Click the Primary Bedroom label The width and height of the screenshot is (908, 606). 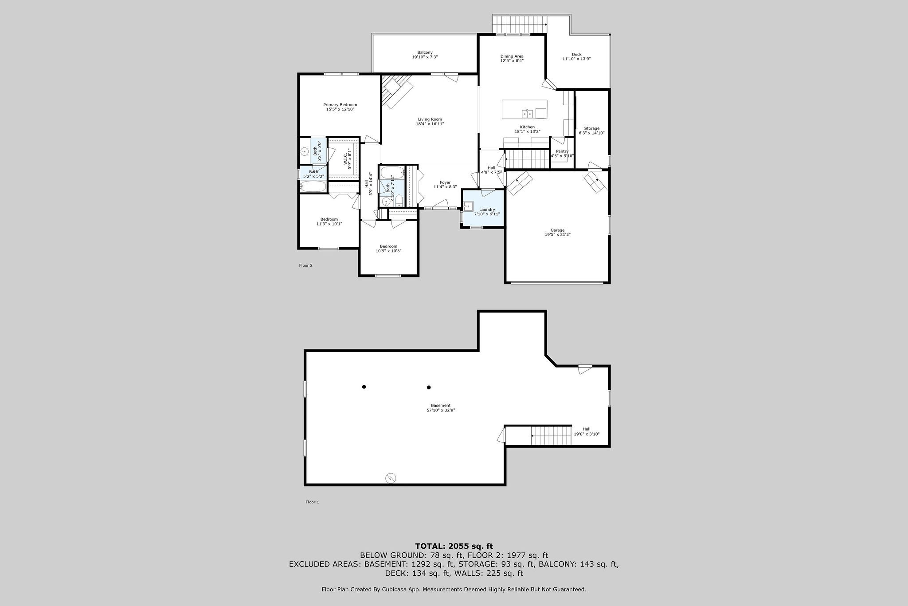click(x=340, y=105)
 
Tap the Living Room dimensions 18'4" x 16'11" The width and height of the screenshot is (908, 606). click(x=430, y=124)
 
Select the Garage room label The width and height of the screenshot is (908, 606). click(x=557, y=230)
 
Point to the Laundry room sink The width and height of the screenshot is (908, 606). click(x=468, y=206)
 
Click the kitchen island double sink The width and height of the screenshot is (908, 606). click(x=528, y=114)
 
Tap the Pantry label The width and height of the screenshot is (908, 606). click(x=562, y=151)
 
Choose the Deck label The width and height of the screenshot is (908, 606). click(x=576, y=55)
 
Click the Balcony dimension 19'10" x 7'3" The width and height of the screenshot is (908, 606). click(x=425, y=57)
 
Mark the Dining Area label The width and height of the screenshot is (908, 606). click(x=512, y=56)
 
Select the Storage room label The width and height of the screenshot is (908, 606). click(x=591, y=128)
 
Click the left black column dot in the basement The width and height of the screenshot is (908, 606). click(x=364, y=387)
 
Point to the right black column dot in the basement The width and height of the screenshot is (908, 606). click(x=429, y=387)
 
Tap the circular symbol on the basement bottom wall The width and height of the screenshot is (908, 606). click(x=391, y=478)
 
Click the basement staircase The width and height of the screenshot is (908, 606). click(x=551, y=436)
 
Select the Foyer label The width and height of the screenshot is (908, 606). click(x=445, y=182)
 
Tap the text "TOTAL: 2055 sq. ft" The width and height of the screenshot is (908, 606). click(x=454, y=547)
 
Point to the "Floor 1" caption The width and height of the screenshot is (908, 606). click(x=312, y=502)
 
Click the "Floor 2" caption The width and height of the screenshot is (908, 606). click(x=305, y=265)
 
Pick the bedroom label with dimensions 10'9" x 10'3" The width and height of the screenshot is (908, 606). click(x=388, y=246)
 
